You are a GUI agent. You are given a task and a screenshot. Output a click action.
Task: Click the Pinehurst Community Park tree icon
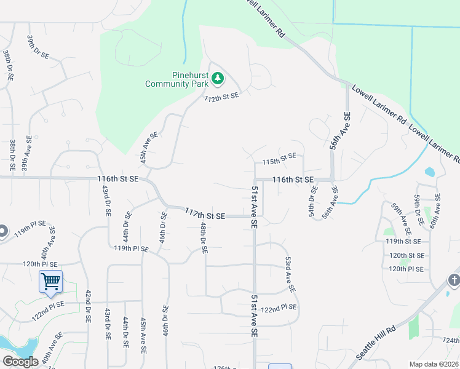pos(217,78)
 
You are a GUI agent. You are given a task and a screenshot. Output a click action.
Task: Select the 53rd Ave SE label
pos(290,275)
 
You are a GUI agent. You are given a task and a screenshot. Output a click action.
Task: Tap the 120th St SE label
pos(406,255)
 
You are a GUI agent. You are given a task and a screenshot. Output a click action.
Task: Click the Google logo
pos(20,362)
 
